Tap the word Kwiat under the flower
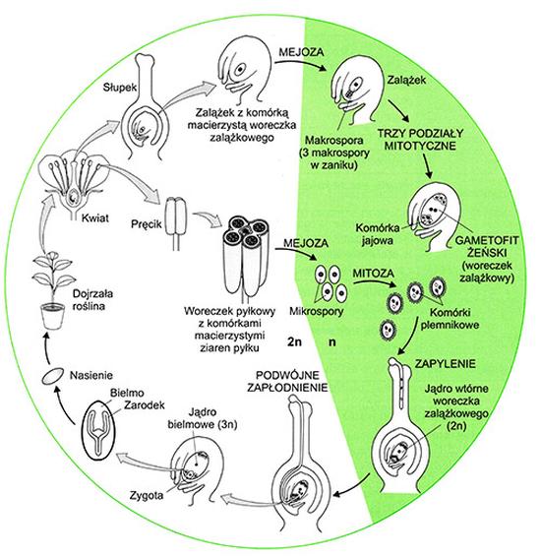95,217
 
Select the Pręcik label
146,224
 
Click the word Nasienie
91,375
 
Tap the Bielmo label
127,393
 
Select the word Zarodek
145,404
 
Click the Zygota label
147,495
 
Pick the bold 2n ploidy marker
295,341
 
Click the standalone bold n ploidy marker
332,342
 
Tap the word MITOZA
374,274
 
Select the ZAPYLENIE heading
446,364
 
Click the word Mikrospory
317,311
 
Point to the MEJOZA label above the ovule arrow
301,52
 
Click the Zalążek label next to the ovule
406,80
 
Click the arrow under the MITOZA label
375,283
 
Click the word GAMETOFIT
486,240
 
